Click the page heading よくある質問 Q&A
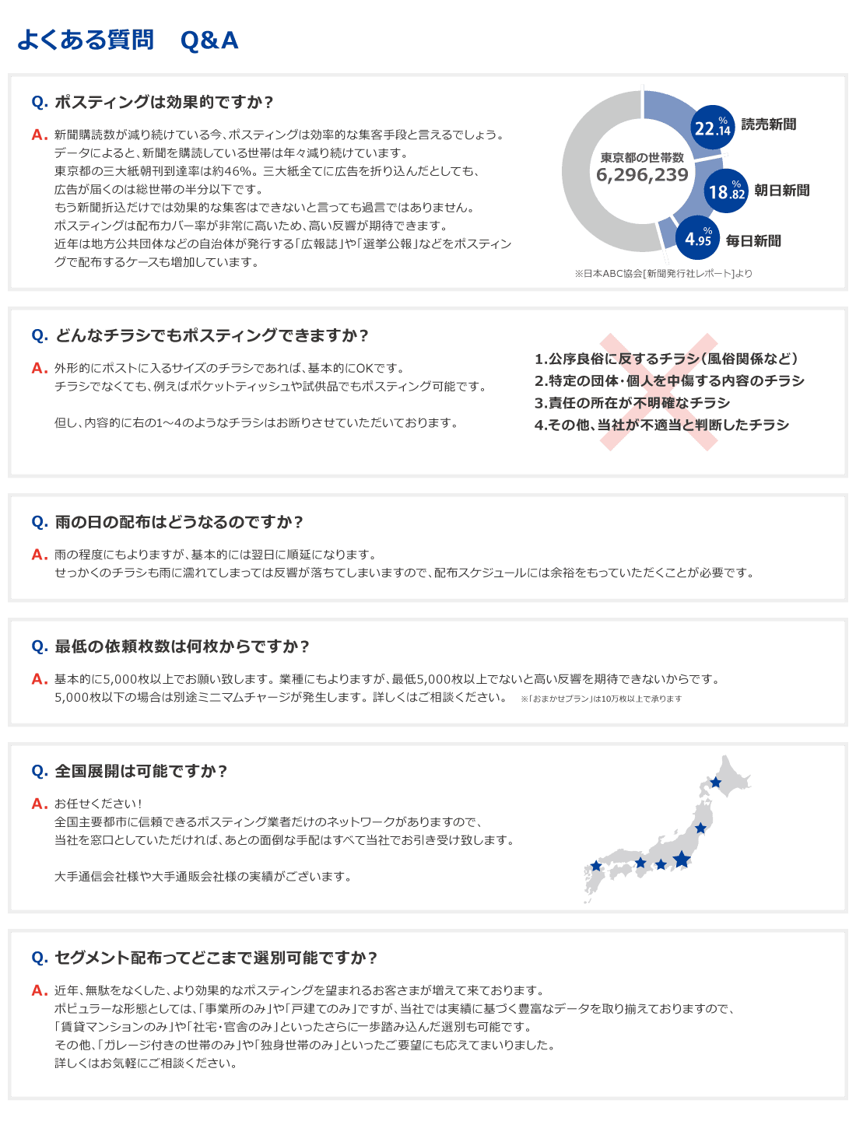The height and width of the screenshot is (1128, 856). [x=128, y=40]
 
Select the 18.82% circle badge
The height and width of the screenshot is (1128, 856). [x=725, y=190]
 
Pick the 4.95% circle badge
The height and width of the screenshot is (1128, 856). [x=697, y=237]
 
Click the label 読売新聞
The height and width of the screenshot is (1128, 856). [x=768, y=124]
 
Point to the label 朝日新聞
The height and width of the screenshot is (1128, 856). [x=781, y=190]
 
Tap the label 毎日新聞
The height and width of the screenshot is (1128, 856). [x=753, y=240]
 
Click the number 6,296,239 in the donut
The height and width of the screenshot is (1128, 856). [x=642, y=175]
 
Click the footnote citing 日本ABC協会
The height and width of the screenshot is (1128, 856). [x=663, y=273]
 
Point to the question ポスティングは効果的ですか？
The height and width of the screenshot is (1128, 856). [x=163, y=102]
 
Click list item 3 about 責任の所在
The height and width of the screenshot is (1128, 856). [x=632, y=403]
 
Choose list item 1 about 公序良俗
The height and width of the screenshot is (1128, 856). [x=666, y=359]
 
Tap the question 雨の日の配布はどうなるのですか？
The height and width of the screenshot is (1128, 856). [x=178, y=522]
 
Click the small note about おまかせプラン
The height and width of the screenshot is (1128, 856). [x=601, y=699]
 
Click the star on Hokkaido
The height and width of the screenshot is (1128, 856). [x=715, y=782]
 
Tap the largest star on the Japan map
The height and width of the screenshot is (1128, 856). [x=681, y=859]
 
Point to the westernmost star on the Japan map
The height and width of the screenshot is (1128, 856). [x=596, y=866]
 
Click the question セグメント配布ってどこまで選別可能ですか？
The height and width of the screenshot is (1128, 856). [x=216, y=958]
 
